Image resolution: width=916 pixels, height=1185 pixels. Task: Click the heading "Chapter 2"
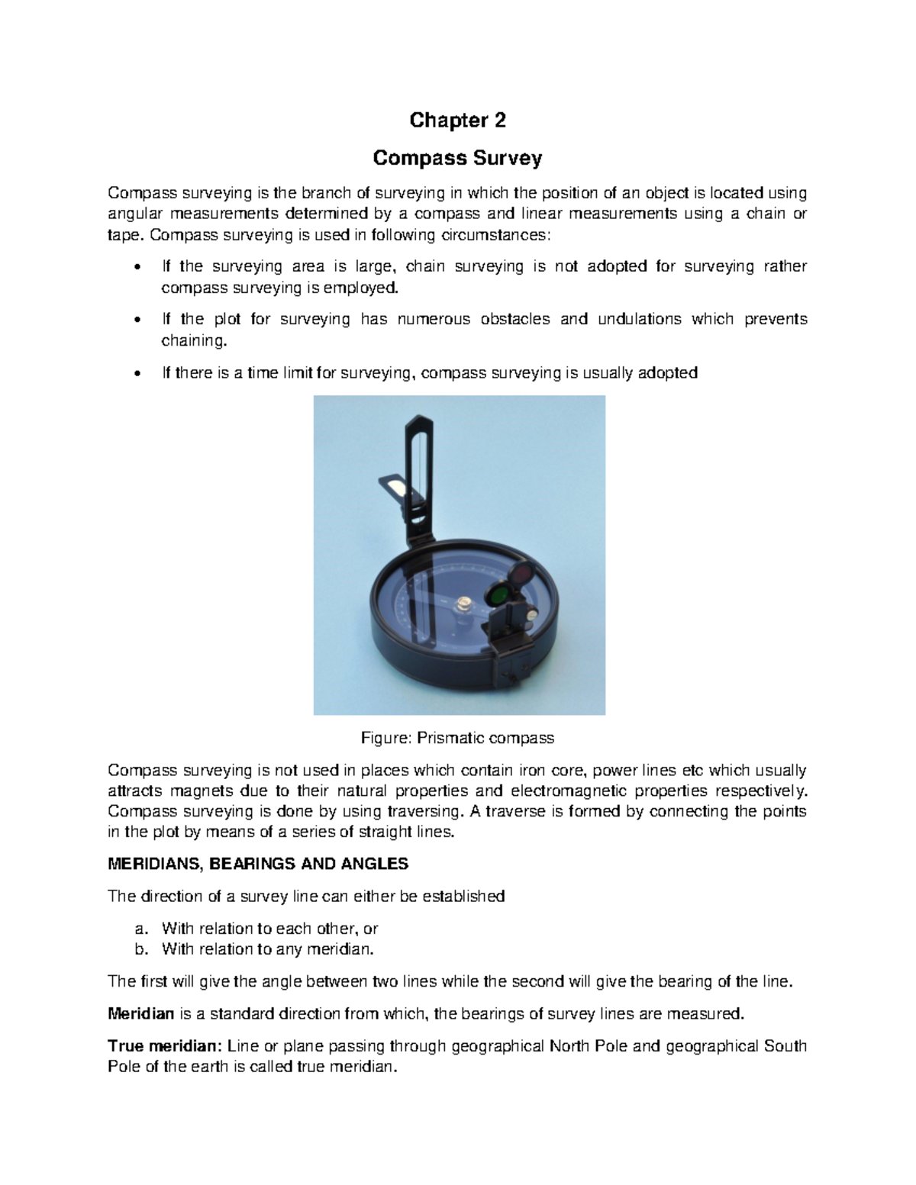click(x=457, y=121)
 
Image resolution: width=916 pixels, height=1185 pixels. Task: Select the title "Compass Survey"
click(x=457, y=159)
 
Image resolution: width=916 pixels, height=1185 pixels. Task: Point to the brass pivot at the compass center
click(x=463, y=604)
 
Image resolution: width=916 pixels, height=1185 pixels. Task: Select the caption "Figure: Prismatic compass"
click(x=457, y=738)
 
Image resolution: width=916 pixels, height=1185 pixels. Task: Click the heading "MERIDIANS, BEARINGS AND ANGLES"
click(x=258, y=864)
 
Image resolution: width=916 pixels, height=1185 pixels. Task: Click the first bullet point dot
click(x=137, y=268)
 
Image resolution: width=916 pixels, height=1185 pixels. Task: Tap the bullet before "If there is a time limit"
click(x=137, y=373)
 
